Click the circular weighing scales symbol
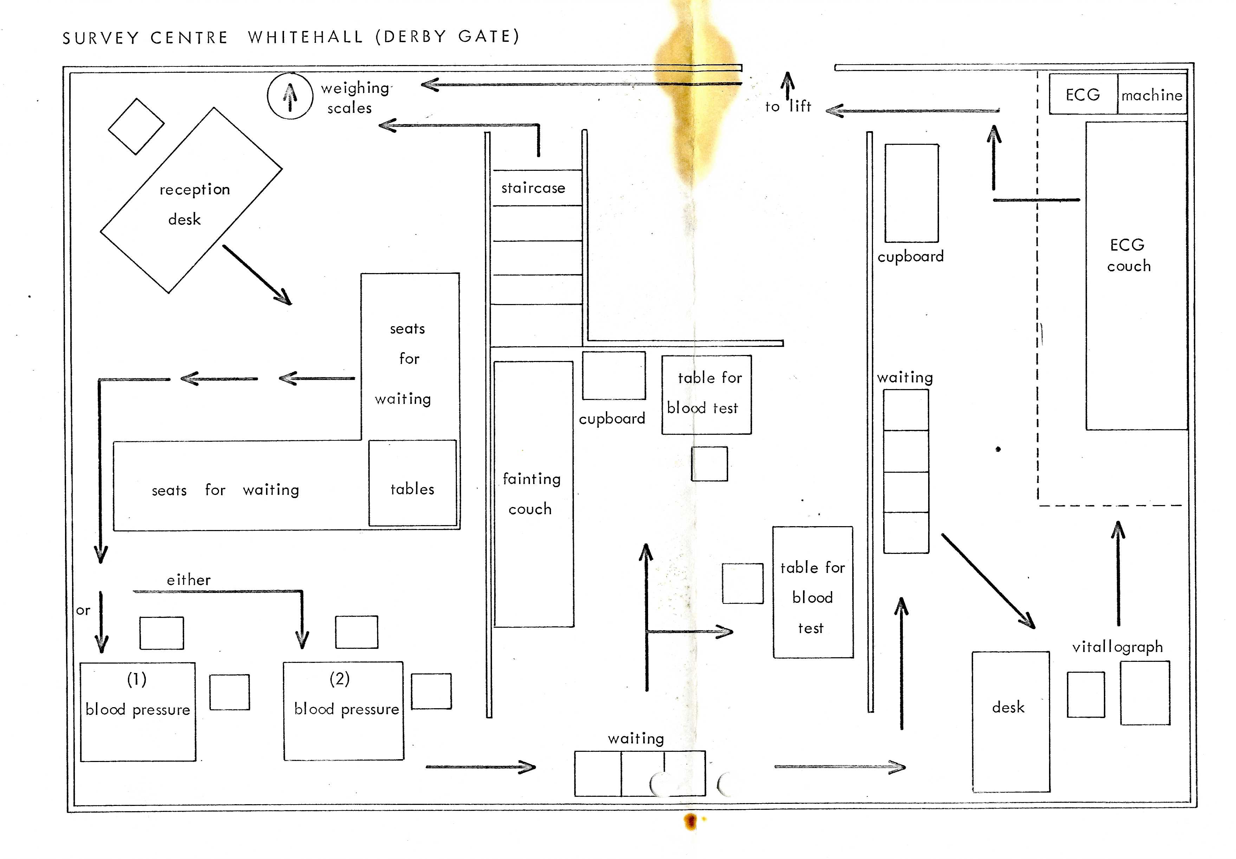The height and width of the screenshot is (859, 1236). pyautogui.click(x=290, y=96)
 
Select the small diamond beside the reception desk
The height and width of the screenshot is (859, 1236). pyautogui.click(x=136, y=127)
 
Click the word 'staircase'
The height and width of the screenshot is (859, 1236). pyautogui.click(x=533, y=188)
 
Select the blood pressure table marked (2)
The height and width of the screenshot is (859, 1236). pyautogui.click(x=343, y=710)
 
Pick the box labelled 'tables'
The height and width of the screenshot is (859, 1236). pyautogui.click(x=412, y=483)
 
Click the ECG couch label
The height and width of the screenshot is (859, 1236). pyautogui.click(x=1128, y=255)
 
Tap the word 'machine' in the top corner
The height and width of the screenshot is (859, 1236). pyautogui.click(x=1152, y=95)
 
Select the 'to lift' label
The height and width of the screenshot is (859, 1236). pyautogui.click(x=788, y=106)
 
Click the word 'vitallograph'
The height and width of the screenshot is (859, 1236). pyautogui.click(x=1117, y=646)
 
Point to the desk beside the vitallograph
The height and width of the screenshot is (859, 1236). pyautogui.click(x=1010, y=721)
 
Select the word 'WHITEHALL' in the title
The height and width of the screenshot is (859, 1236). pyautogui.click(x=306, y=37)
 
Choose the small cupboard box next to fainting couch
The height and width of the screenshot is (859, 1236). pyautogui.click(x=613, y=376)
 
